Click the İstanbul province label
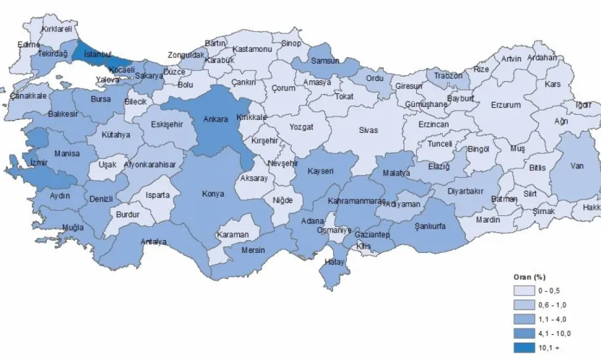click(x=96, y=54)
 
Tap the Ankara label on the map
click(x=215, y=119)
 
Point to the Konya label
click(x=212, y=194)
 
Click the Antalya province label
click(x=154, y=241)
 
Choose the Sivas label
click(x=369, y=130)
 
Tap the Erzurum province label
click(x=506, y=105)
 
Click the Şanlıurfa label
click(x=430, y=226)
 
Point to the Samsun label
click(x=324, y=61)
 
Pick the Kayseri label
click(x=319, y=171)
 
